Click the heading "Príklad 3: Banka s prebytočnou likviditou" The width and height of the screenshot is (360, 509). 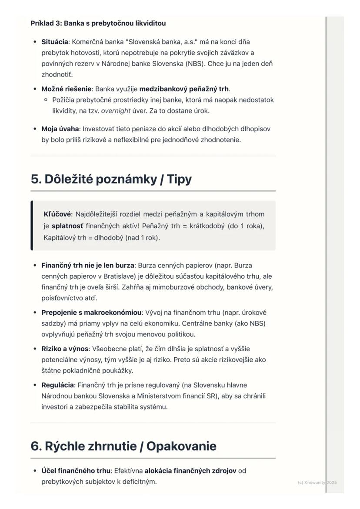98,23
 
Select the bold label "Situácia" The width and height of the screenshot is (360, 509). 55,42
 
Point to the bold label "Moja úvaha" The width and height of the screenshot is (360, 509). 60,129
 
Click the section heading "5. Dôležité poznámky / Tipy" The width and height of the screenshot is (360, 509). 111,179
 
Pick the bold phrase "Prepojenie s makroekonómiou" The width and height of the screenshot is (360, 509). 91,313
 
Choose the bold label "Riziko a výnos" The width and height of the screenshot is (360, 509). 65,349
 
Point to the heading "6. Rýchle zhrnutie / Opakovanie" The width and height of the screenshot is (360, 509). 123,446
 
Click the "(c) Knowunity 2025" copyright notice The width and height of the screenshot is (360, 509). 317,482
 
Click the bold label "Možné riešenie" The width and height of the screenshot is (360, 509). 66,89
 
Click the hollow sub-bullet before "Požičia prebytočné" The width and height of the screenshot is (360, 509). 46,100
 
